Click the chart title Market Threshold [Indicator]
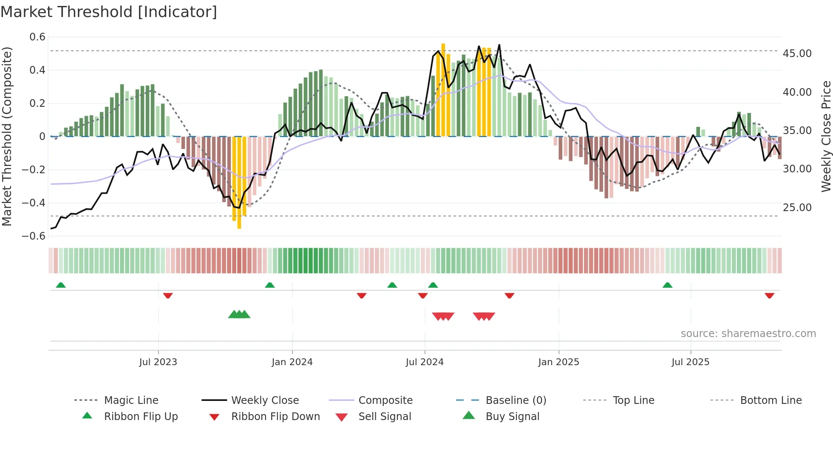coord(109,12)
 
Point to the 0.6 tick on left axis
coord(37,37)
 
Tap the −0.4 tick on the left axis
coord(34,203)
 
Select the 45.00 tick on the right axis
coord(797,54)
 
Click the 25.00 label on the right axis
coord(797,208)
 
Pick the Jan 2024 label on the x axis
coord(292,362)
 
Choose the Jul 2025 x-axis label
coord(690,362)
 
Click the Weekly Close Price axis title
coord(826,136)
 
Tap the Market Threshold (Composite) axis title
coord(7,136)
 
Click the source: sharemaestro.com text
coord(748,334)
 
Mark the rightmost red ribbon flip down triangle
coord(769,295)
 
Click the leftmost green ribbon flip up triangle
coord(61,285)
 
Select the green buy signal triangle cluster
coord(239,315)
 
